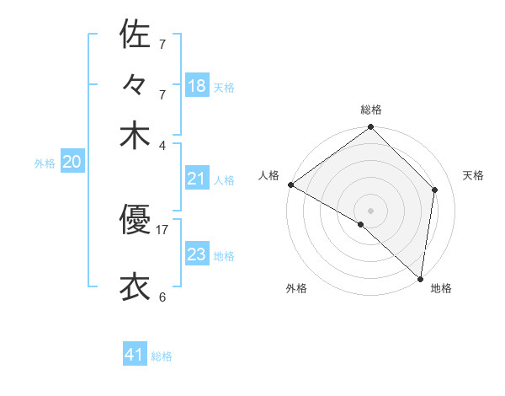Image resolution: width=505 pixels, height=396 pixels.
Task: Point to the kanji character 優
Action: pos(135,221)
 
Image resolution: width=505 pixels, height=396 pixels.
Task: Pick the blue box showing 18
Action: pos(197,85)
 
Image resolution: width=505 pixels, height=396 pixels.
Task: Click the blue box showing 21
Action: pos(197,179)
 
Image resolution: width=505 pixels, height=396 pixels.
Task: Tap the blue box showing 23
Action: pos(197,254)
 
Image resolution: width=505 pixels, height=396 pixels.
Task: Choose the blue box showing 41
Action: pos(135,355)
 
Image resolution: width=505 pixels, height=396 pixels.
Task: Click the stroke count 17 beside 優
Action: pos(162,228)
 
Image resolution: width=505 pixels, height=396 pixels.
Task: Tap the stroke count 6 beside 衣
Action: pos(162,297)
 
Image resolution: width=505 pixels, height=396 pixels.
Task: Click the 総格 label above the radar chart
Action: pos(371,110)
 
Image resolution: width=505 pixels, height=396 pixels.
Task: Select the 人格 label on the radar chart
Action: pos(269,175)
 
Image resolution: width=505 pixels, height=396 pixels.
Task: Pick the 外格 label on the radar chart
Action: pos(296,289)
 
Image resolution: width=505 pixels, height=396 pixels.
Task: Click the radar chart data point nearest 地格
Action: pos(421,278)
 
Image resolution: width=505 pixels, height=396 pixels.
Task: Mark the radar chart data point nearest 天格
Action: pos(435,190)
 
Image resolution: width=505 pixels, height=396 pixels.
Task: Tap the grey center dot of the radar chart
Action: pos(371,210)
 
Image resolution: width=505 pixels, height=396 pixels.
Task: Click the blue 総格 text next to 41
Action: pos(162,356)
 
